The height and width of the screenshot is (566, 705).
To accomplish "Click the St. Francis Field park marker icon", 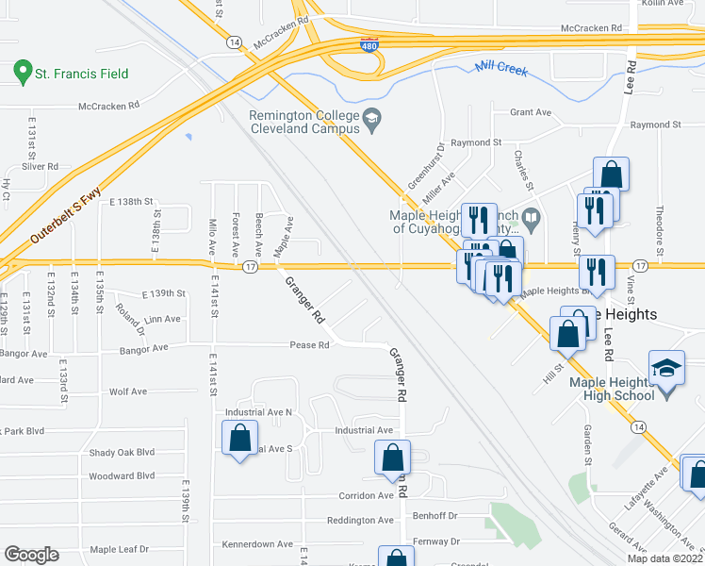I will (22, 72).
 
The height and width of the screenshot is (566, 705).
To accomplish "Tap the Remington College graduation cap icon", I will (371, 119).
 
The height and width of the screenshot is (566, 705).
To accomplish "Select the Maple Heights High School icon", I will (665, 367).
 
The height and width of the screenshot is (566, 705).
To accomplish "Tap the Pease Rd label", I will (309, 345).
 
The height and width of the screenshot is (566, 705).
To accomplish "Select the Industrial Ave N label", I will (258, 412).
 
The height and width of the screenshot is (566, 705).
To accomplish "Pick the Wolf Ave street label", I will (128, 391).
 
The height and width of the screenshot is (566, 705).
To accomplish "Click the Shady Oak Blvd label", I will (122, 452).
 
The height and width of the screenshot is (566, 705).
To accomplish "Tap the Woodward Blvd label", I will (122, 475).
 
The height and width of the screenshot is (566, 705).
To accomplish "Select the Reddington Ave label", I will (359, 520).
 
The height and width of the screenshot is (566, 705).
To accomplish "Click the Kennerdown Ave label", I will (257, 544).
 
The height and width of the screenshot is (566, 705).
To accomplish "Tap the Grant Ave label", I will (530, 112).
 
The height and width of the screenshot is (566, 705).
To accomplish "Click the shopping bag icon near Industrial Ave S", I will (239, 437).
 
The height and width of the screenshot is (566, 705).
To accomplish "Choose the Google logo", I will (31, 555).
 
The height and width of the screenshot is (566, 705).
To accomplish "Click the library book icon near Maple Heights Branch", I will (531, 221).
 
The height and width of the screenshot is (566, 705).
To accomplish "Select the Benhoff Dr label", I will (434, 516).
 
